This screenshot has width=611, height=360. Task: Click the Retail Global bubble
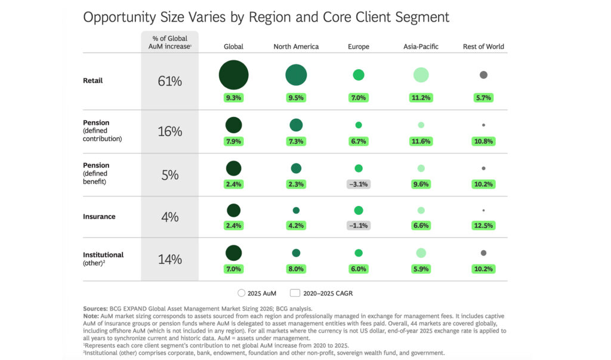(233, 75)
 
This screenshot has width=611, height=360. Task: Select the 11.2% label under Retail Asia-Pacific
(421, 98)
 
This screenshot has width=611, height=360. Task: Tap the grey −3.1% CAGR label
(358, 184)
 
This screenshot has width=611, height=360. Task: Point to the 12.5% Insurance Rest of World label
(483, 226)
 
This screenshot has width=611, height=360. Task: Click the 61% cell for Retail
(169, 81)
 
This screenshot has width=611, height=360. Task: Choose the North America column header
(296, 47)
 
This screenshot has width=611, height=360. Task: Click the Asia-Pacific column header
(421, 47)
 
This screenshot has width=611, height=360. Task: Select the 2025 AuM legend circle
(241, 293)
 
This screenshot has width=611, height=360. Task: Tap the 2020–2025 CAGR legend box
(294, 293)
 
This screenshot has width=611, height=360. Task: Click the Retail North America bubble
(296, 75)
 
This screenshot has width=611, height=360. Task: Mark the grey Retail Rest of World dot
(483, 75)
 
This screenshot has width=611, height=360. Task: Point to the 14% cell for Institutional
(169, 260)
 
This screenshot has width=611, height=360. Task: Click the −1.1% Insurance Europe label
(358, 226)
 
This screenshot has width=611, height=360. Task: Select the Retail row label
(92, 81)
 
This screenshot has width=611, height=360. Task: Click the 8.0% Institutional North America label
(296, 269)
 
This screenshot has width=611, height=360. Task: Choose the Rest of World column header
(483, 47)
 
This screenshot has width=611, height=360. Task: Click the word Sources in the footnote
(95, 309)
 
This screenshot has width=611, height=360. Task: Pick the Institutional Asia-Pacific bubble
(421, 253)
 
